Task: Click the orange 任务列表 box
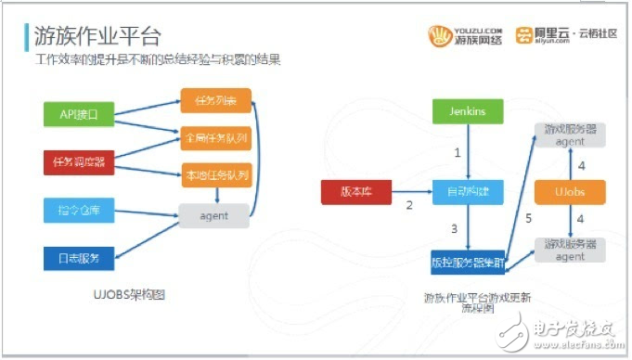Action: pyautogui.click(x=215, y=100)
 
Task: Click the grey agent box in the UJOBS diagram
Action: pyautogui.click(x=215, y=214)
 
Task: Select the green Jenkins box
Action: pyautogui.click(x=467, y=111)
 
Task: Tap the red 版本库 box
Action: pyautogui.click(x=358, y=193)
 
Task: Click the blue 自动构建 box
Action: pyautogui.click(x=467, y=193)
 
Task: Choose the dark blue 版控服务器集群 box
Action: pyautogui.click(x=467, y=263)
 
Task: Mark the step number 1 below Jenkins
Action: pyautogui.click(x=456, y=150)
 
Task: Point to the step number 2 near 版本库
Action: pyautogui.click(x=408, y=205)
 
